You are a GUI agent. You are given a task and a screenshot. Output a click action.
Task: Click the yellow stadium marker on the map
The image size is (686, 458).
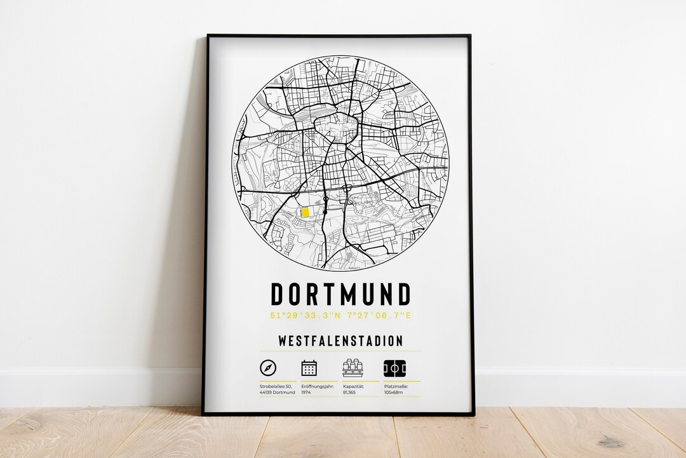[x=305, y=212]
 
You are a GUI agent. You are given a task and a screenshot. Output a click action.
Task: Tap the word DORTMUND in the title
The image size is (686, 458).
[x=340, y=295]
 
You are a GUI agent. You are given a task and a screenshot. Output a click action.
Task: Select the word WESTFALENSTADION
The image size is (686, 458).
[x=340, y=341]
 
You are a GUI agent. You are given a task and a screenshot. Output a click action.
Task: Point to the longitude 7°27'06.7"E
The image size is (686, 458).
[x=380, y=316]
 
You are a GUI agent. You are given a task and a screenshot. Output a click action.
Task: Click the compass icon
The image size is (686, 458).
[x=268, y=368]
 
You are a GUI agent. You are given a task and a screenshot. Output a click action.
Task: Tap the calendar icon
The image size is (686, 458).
[x=309, y=368]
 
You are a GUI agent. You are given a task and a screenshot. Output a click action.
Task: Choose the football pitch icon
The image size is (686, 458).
[x=394, y=368]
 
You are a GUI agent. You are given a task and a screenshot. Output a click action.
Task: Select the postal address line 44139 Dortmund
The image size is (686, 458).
[x=278, y=393]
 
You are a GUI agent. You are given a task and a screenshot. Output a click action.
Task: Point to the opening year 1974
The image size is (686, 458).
[x=307, y=393]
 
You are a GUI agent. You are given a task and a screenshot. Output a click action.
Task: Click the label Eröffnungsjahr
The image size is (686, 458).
[x=317, y=386]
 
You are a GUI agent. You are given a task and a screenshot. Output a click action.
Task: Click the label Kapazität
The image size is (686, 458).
[x=354, y=386]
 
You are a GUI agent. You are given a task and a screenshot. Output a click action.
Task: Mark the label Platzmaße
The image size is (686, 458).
[x=396, y=386]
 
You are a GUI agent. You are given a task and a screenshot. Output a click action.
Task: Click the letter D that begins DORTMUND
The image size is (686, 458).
[x=278, y=295]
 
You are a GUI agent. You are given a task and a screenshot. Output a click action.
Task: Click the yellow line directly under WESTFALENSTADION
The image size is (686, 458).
[x=340, y=351]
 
